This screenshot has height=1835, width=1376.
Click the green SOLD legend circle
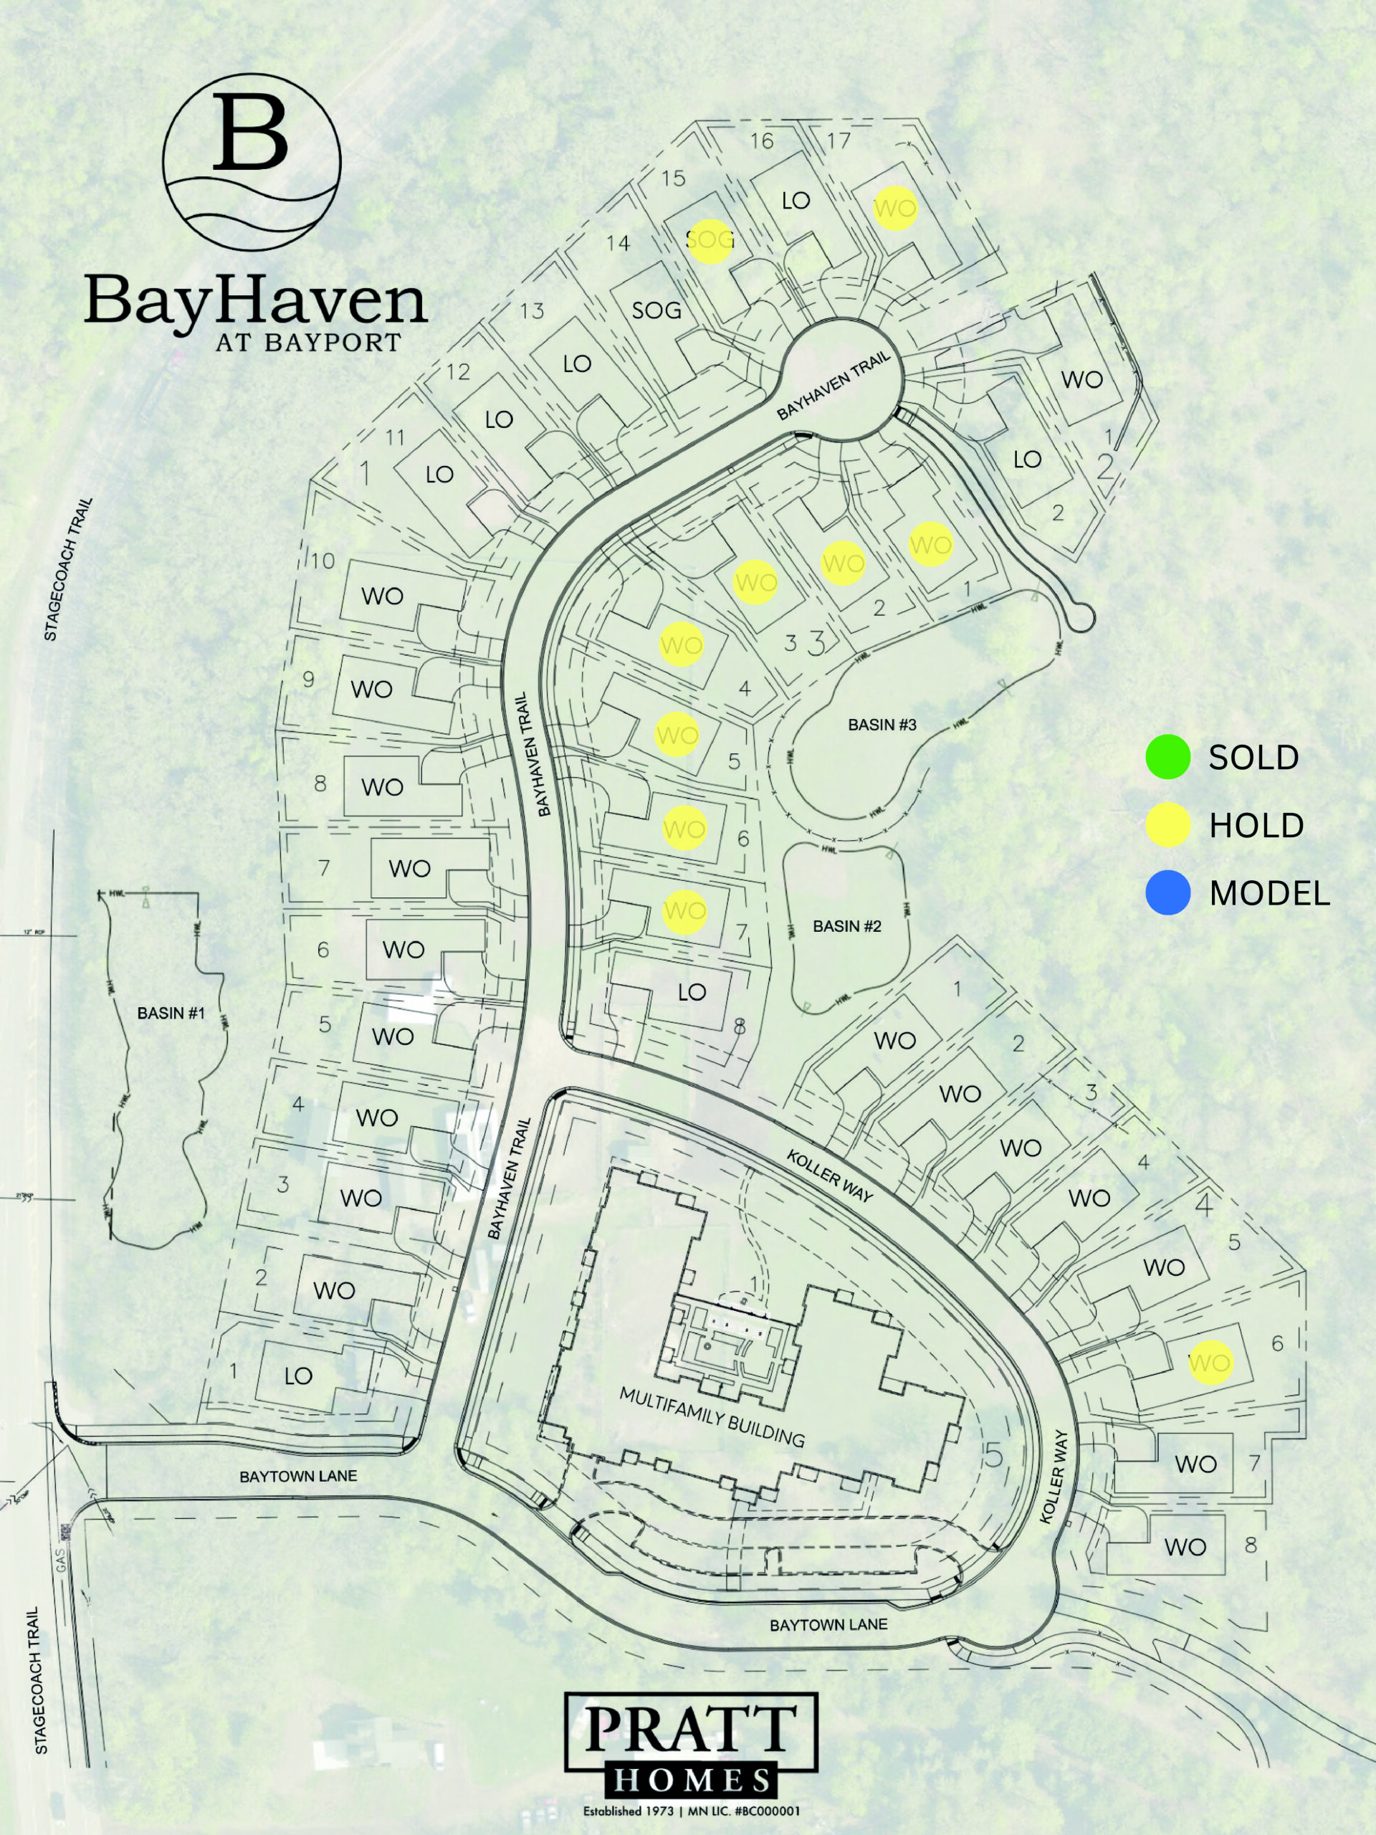tap(1168, 758)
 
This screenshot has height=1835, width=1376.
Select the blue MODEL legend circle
tap(1168, 893)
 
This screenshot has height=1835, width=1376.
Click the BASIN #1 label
tap(171, 1013)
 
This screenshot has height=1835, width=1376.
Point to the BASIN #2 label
tap(847, 926)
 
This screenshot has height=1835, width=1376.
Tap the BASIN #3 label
tap(881, 725)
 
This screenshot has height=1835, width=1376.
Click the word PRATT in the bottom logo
tap(691, 1729)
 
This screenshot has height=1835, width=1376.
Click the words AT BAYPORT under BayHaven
tap(307, 343)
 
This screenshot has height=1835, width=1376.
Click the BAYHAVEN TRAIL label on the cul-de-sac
tap(833, 385)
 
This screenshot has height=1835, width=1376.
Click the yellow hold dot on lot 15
tap(711, 241)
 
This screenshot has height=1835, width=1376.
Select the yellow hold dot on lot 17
tap(895, 208)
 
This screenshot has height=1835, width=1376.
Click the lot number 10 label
tap(322, 561)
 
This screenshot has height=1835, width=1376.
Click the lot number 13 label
tap(532, 311)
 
